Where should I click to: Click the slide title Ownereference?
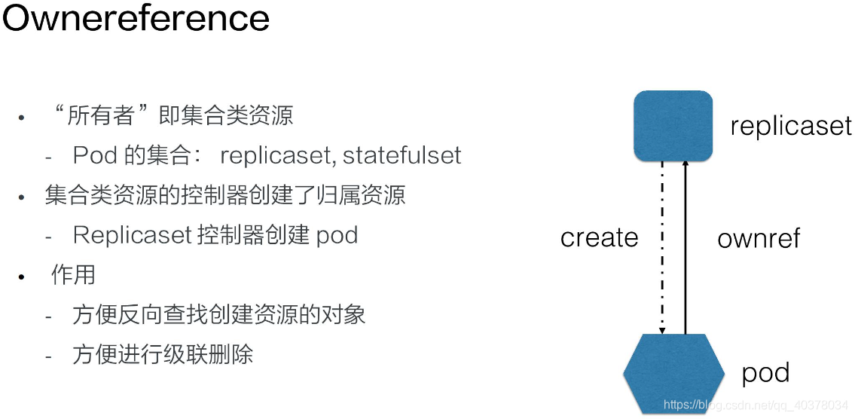click(136, 18)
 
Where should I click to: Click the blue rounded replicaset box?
click(673, 126)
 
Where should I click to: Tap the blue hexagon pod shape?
click(674, 373)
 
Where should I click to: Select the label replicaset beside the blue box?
click(791, 126)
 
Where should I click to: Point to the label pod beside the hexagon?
click(765, 373)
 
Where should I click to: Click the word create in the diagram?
click(599, 238)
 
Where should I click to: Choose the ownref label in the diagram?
click(758, 239)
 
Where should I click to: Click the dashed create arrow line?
click(662, 249)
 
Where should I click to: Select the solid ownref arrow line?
click(685, 249)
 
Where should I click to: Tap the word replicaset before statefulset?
click(276, 155)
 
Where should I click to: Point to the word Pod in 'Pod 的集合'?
click(95, 155)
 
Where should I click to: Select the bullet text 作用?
click(73, 274)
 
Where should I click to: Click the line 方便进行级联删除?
click(163, 353)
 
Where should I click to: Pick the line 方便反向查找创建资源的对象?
click(219, 313)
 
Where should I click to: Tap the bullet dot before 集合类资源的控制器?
click(22, 197)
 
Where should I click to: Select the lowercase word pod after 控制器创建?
click(337, 235)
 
